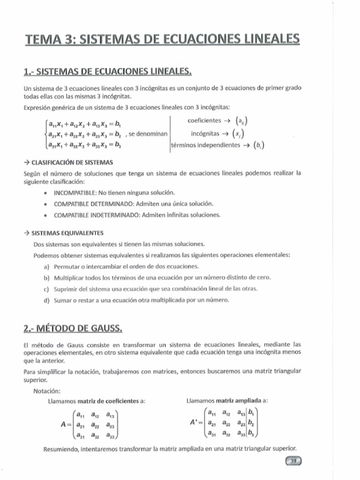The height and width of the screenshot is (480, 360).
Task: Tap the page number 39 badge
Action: [294, 461]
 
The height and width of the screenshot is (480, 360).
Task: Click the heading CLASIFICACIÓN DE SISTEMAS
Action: [72, 162]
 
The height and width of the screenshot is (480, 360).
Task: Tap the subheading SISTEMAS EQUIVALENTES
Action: [67, 233]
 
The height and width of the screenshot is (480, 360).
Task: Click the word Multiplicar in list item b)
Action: [70, 277]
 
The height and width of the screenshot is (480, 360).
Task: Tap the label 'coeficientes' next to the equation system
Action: [204, 121]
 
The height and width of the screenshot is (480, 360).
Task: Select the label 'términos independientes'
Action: [205, 145]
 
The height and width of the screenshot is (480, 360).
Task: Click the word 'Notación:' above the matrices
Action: [47, 391]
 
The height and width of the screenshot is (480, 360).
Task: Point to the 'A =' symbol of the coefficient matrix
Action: [65, 425]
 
